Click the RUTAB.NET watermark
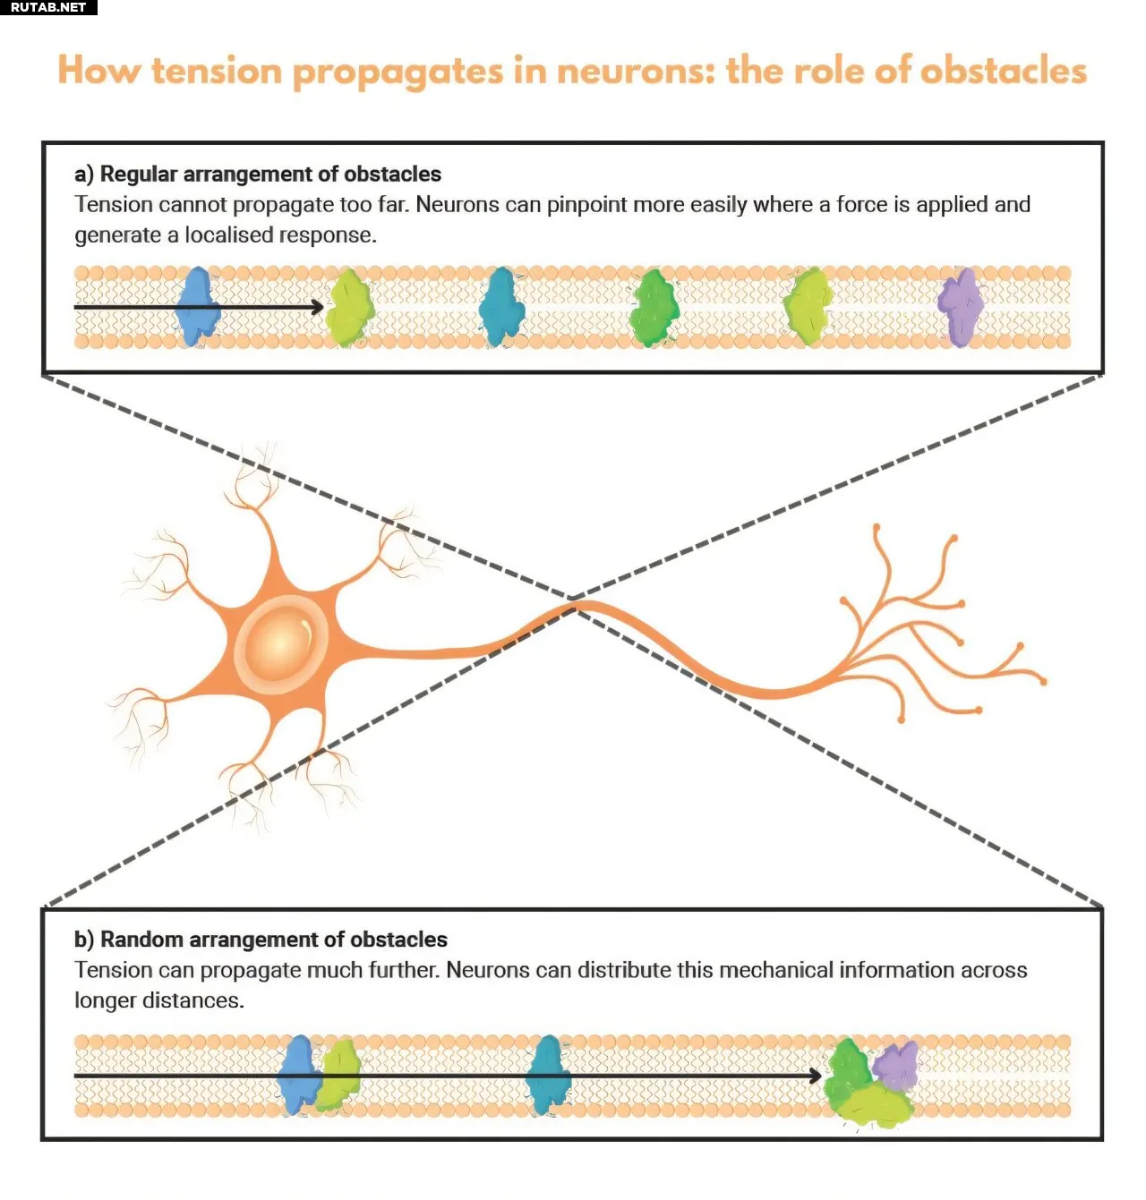point(48,7)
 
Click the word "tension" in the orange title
point(216,72)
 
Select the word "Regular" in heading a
point(139,174)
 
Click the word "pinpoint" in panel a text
point(586,205)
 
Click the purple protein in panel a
point(961,307)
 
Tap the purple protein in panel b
point(894,1064)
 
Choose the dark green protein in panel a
point(654,308)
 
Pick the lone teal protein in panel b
point(548,1075)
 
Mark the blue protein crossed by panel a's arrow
point(198,307)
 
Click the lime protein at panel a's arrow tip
point(349,308)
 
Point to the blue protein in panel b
point(298,1074)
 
